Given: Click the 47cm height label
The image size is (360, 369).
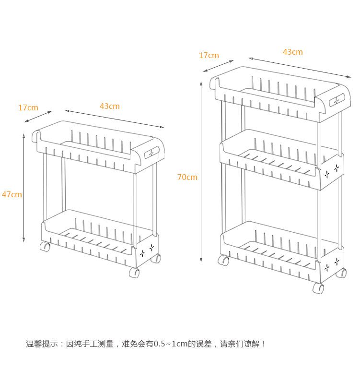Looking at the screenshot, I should coord(12,194).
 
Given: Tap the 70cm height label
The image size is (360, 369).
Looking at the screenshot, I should coord(187,177).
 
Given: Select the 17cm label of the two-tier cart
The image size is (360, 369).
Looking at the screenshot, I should coord(28,107).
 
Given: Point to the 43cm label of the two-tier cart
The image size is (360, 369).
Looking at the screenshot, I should coord(110,106).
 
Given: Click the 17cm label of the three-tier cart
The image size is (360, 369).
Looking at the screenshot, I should coord(209,55).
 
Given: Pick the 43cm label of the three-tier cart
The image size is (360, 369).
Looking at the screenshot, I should coord(292,52).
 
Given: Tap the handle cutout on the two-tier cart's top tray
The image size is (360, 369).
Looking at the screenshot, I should coord(152,153).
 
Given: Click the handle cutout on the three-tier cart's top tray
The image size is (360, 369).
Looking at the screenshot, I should coord(337,100).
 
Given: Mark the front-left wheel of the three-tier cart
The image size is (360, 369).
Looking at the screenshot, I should coord(223,261).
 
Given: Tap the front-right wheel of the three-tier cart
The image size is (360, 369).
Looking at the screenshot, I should coord(318,288).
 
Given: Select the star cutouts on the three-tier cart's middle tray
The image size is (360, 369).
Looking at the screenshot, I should coord(332,171).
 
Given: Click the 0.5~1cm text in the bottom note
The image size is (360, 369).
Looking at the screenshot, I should coord(170,344).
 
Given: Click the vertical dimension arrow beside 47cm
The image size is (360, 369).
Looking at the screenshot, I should coord(24,188).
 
